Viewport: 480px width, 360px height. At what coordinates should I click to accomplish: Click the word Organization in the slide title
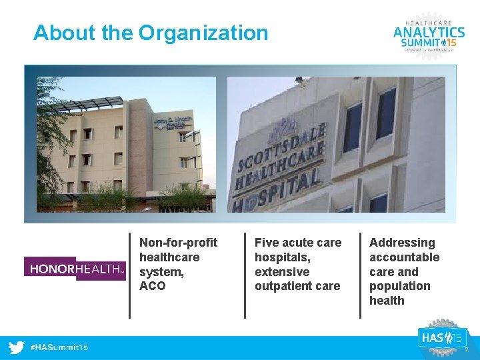coord(203,33)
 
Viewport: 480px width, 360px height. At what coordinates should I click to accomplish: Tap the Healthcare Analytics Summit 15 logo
coord(429,33)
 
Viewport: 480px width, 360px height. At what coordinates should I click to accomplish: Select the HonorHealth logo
coord(75,269)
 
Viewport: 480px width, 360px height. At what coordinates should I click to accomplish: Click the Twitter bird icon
coord(17,347)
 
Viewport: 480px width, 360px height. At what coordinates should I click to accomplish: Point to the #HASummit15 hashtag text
coord(59,347)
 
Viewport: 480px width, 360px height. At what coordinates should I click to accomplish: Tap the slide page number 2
coord(467,349)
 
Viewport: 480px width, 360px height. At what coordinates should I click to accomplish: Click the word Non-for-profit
coord(178,243)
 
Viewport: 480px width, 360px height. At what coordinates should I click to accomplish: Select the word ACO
coord(152,286)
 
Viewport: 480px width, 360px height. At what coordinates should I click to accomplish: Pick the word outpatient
coord(282,286)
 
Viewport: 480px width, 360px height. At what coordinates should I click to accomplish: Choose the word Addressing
coord(402,243)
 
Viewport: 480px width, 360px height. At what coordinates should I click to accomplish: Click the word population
coord(400,286)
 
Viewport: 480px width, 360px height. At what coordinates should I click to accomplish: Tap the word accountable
coord(405,257)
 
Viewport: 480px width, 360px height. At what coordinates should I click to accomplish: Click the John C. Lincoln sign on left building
coord(173,123)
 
